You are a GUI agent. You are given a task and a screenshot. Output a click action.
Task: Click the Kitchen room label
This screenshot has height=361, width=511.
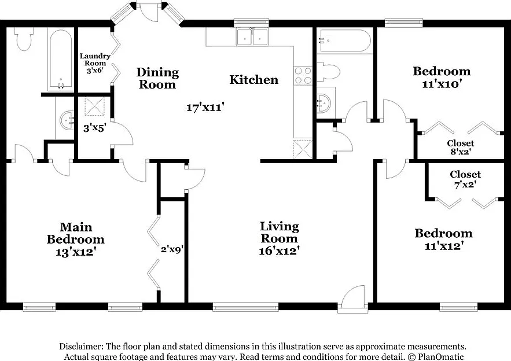coord(254,80)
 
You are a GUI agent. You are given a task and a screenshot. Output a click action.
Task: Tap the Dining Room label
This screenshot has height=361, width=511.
coord(157,78)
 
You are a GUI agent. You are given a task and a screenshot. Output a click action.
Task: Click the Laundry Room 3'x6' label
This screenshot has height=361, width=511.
coord(95,63)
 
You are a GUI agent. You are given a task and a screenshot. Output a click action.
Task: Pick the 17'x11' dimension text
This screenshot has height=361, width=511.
coord(205,107)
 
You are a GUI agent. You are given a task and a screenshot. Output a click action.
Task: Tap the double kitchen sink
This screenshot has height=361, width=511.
coord(252,37)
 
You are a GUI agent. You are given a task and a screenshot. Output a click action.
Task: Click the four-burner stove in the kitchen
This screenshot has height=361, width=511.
coord(303,76)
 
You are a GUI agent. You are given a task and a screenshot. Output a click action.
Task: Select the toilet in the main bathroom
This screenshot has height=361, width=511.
coord(24,39)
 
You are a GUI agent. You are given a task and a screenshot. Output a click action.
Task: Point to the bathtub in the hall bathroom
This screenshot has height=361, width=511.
coord(344,40)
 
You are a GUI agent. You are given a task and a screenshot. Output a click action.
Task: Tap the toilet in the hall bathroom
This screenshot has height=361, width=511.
coord(329,72)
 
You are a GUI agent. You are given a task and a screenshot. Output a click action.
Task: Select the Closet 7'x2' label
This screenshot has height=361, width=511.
coord(465,179)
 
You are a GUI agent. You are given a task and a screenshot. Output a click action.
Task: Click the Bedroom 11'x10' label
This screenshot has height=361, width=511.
coord(442,78)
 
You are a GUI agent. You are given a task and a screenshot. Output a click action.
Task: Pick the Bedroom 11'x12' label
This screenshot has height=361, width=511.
coord(443,239)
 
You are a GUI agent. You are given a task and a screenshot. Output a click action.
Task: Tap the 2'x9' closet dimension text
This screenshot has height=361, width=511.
coord(172,249)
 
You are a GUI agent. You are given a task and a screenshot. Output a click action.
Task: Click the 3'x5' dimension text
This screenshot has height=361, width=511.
coord(94,128)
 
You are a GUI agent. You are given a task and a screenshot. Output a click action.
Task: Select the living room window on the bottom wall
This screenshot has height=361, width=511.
coord(245,307)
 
